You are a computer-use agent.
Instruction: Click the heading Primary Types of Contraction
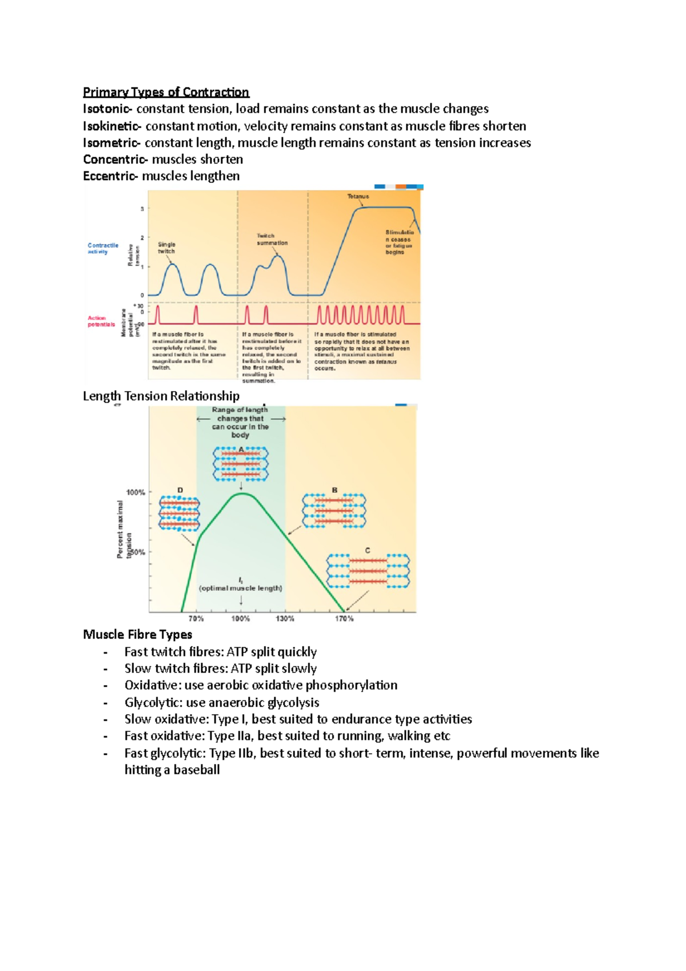point(166,92)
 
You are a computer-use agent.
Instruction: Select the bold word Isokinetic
point(111,126)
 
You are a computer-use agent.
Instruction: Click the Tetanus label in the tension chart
point(358,196)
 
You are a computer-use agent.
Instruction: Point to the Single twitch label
point(166,248)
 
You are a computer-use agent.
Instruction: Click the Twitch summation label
point(272,239)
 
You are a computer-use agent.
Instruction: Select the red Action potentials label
point(101,321)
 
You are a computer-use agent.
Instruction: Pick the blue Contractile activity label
point(103,248)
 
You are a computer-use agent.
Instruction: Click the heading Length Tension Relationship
point(161,396)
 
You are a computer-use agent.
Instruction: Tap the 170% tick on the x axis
point(344,619)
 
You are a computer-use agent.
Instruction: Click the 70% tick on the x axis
point(196,619)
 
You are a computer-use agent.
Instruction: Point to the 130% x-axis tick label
point(285,619)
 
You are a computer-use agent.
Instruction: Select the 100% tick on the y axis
point(135,492)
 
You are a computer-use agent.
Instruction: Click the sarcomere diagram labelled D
point(180,513)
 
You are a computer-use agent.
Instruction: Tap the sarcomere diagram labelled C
point(368,571)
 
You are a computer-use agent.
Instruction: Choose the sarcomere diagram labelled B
point(334,510)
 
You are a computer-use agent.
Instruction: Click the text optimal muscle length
point(240,588)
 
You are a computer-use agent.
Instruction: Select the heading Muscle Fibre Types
point(137,634)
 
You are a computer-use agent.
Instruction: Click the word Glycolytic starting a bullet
point(150,702)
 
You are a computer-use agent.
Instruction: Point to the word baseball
point(196,770)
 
